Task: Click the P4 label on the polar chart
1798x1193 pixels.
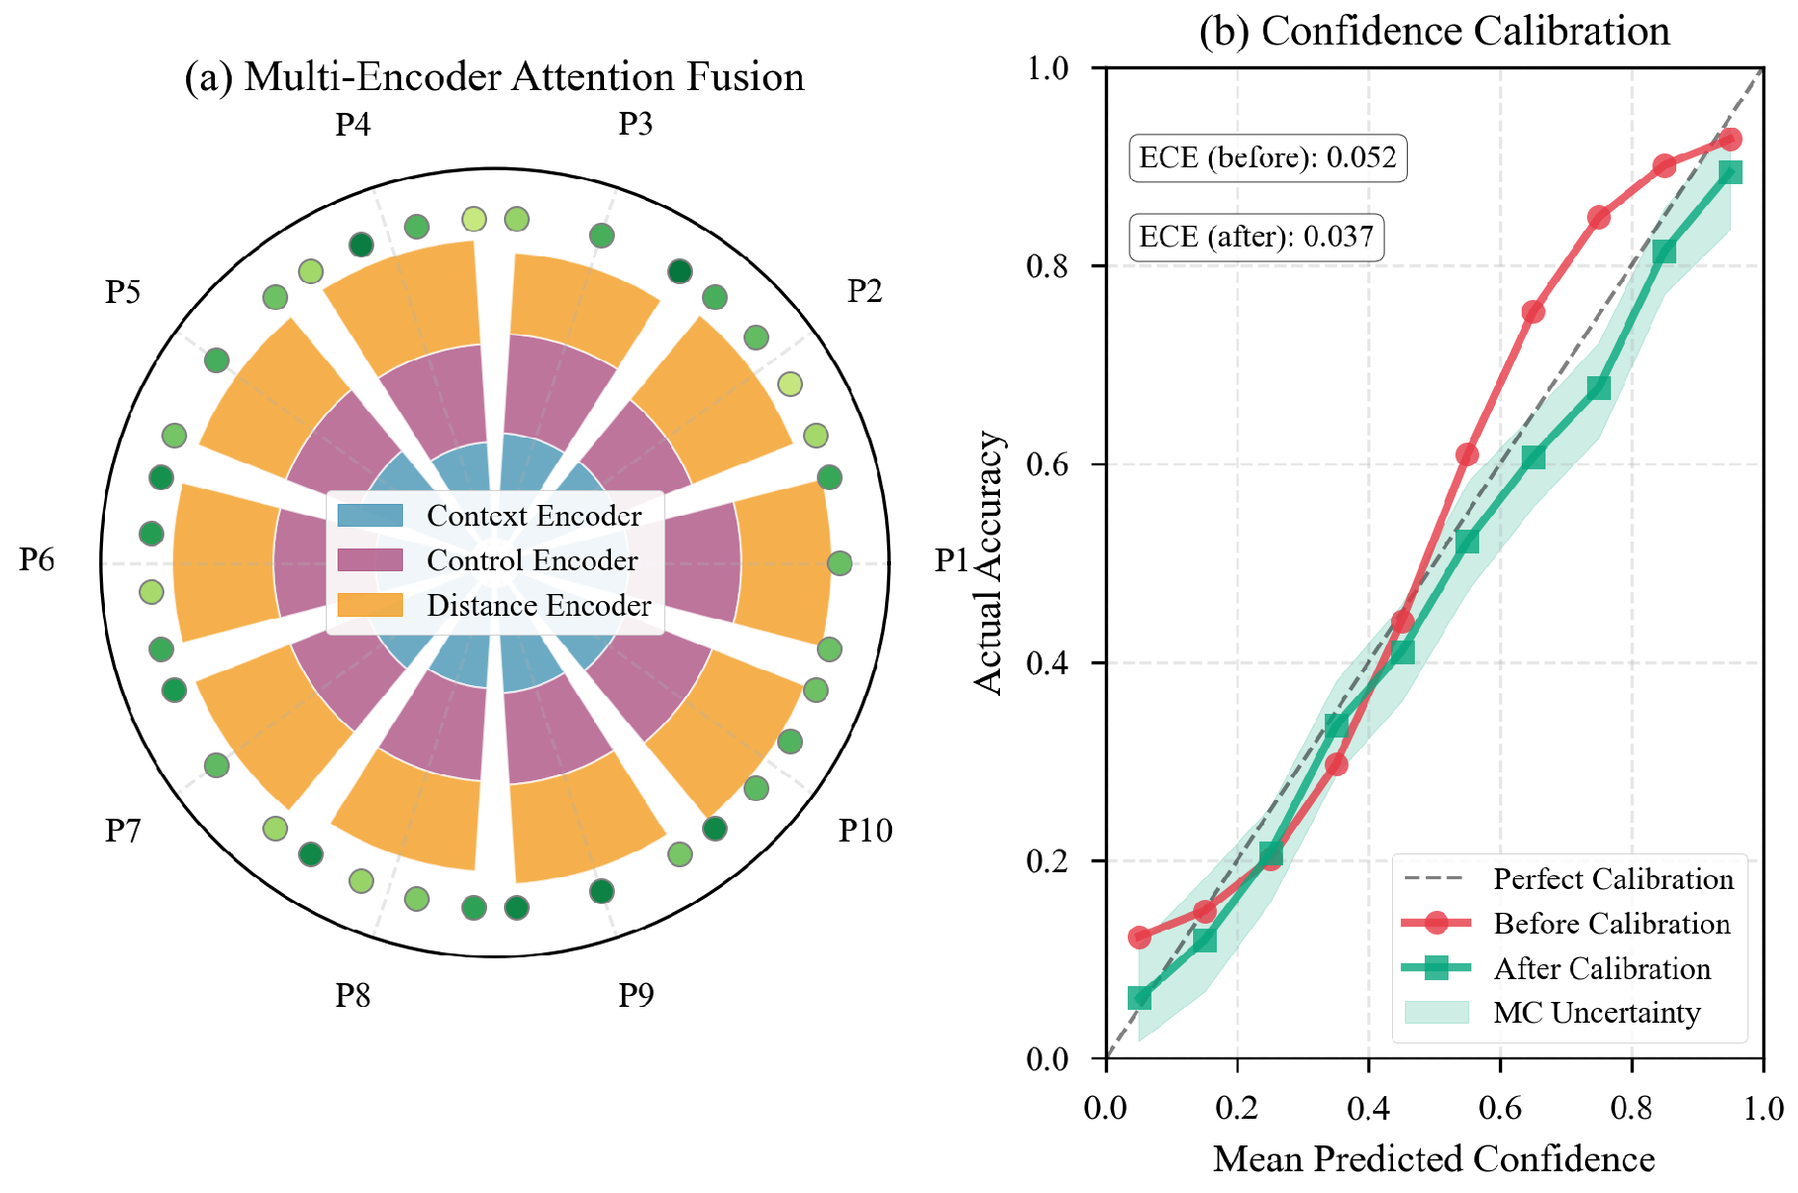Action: (352, 125)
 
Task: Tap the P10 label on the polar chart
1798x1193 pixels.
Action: (865, 830)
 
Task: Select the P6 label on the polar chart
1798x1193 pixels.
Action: (37, 560)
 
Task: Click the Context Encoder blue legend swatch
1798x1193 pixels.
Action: (370, 516)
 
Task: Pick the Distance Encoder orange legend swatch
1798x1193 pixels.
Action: (370, 605)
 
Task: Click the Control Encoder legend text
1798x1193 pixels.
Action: (532, 560)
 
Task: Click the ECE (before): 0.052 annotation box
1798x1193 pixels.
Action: (1267, 157)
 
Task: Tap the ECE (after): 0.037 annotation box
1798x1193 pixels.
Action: (1255, 237)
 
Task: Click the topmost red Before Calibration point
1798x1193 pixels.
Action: (1730, 140)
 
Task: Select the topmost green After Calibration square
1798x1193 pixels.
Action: (1730, 172)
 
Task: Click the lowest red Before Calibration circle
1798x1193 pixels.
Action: (1139, 937)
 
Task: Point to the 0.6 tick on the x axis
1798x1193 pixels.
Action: (1500, 1106)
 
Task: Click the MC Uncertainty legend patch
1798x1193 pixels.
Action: (1436, 1012)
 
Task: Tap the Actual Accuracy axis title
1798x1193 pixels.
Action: (988, 562)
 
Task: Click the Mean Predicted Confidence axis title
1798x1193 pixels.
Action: (1434, 1158)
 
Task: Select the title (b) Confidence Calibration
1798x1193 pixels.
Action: (1434, 31)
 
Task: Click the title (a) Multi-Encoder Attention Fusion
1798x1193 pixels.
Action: (494, 77)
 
